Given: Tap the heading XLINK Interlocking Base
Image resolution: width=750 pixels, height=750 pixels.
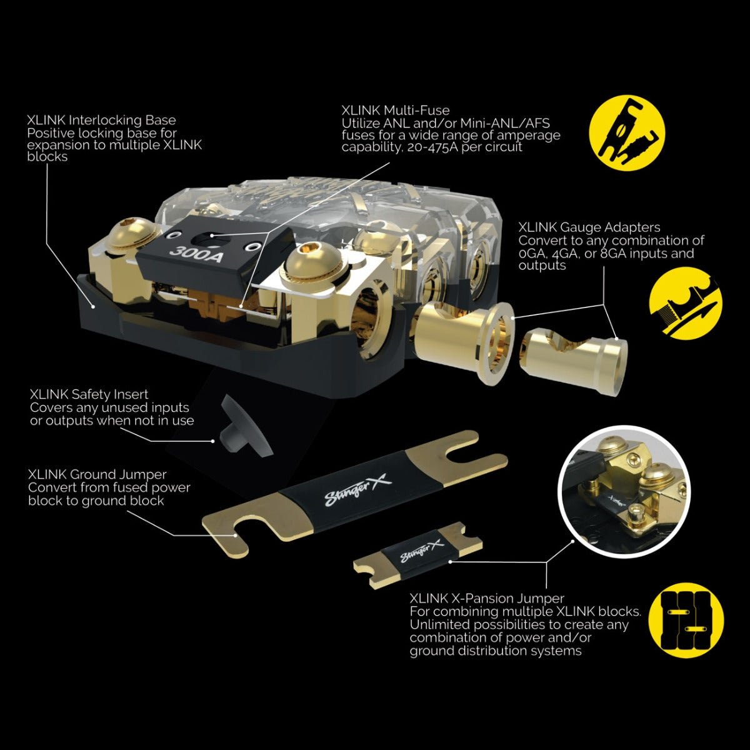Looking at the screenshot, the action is click(102, 120).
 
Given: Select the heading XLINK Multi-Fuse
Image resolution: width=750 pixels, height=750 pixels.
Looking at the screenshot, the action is click(396, 111).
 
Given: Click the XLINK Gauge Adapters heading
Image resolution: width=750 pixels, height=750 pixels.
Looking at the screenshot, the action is click(589, 227).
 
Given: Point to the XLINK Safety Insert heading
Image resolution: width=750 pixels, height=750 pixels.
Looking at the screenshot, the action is click(89, 394).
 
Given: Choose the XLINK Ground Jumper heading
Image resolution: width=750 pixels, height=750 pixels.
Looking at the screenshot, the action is click(97, 474).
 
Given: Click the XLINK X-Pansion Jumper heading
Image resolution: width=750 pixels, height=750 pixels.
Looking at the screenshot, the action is click(487, 598).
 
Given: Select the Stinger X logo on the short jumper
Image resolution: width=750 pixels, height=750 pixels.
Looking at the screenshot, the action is click(421, 551).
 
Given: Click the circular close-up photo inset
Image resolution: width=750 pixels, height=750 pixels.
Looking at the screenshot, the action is click(621, 492).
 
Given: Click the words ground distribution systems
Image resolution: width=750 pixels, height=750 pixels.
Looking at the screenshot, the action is click(496, 651).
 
